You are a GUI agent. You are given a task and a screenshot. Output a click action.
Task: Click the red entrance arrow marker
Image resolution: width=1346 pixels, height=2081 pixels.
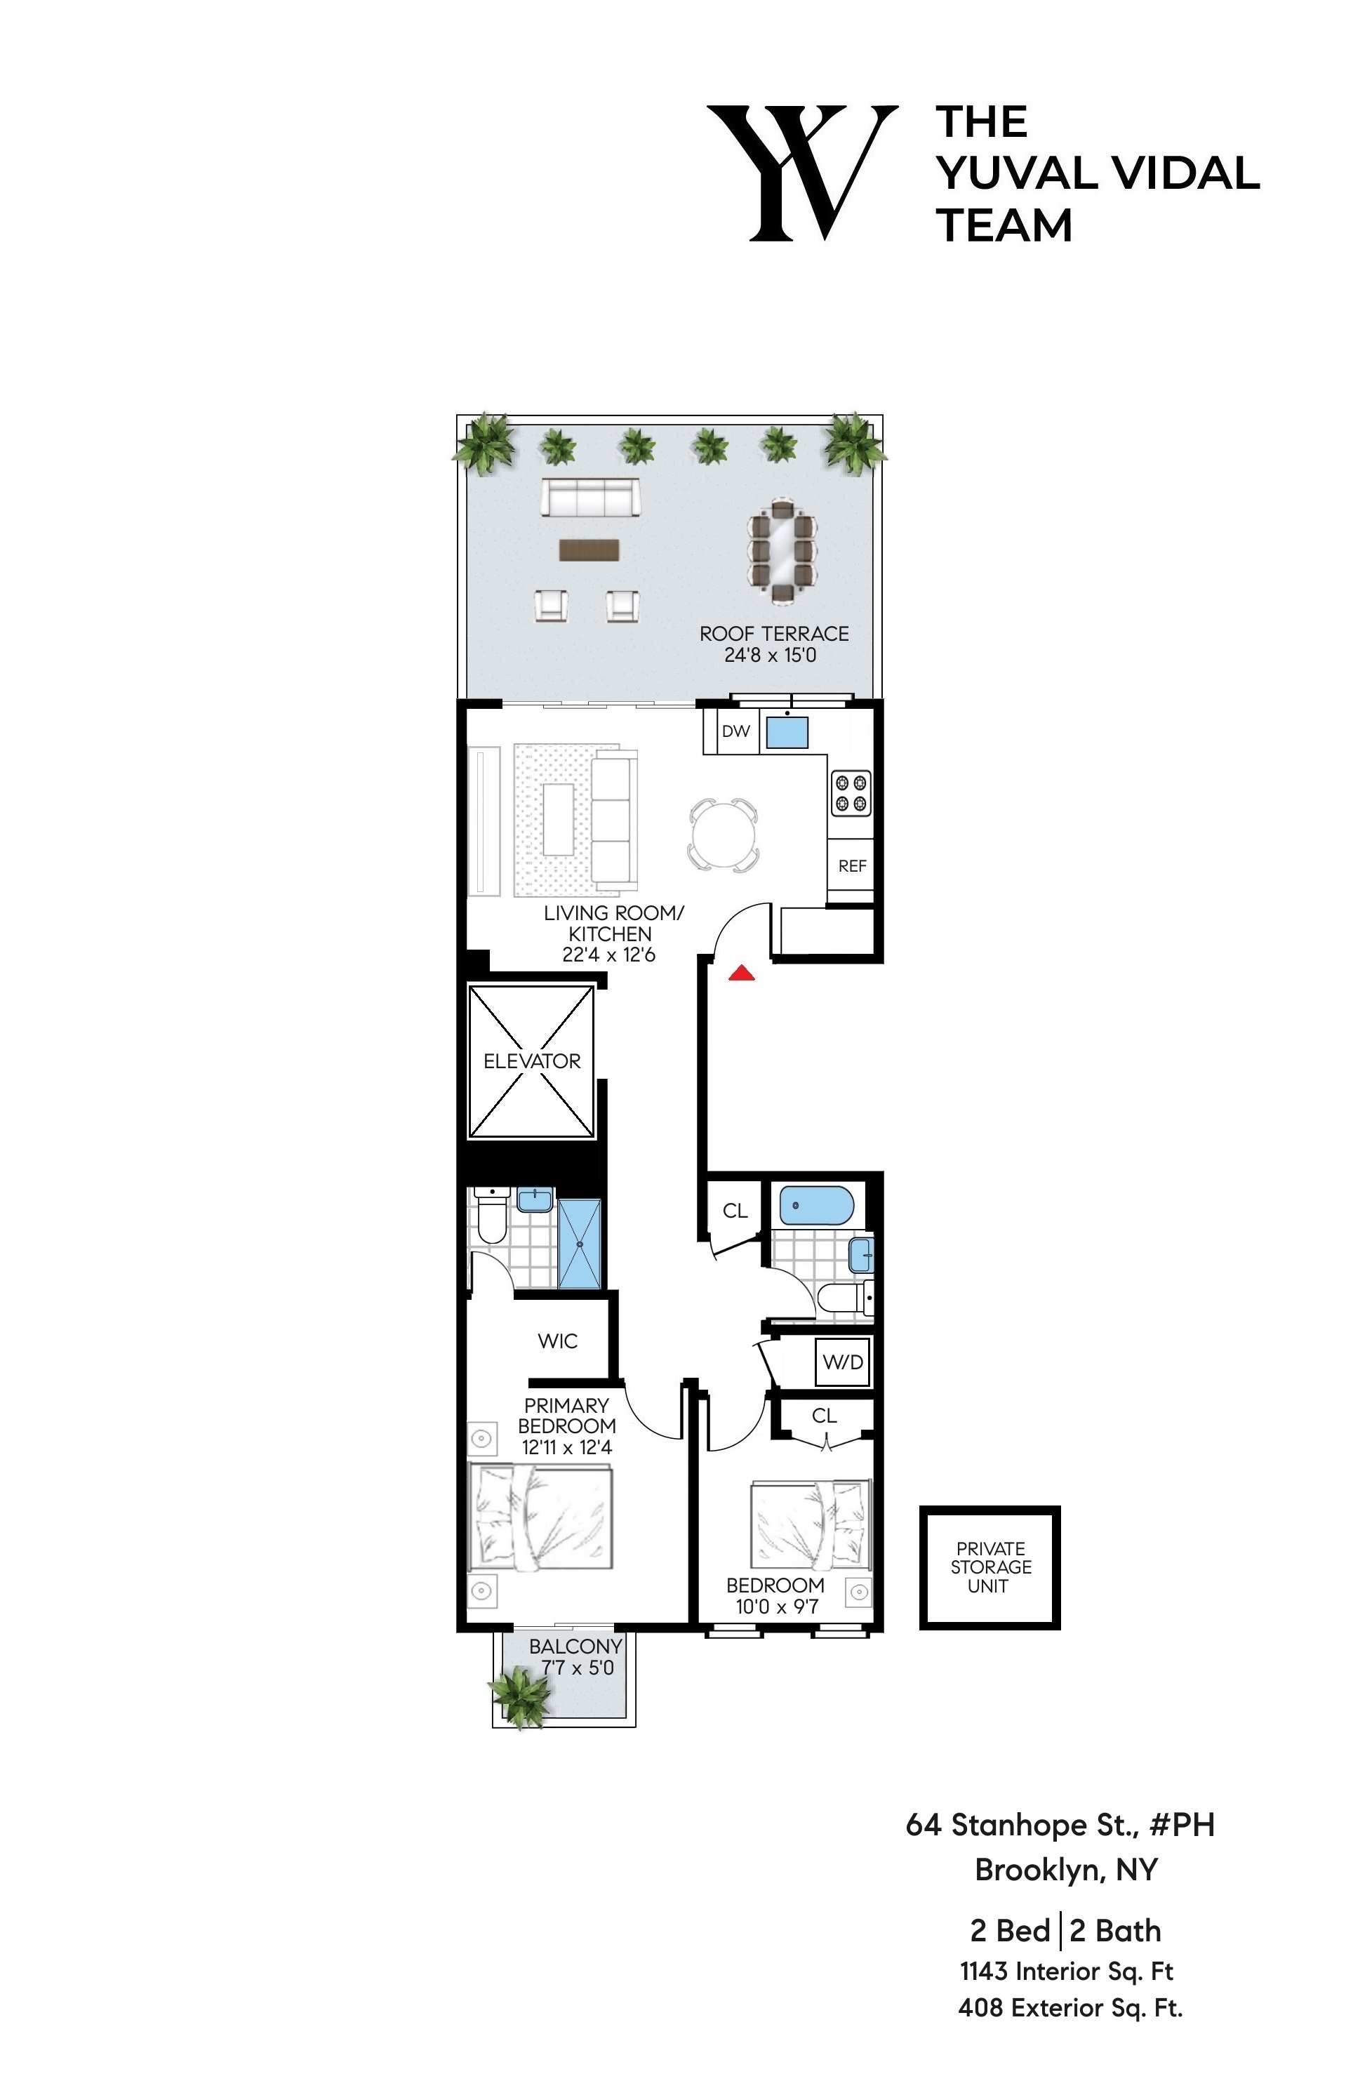coord(741,972)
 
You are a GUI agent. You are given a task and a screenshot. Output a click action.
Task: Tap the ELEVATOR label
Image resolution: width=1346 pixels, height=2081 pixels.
coord(531,1061)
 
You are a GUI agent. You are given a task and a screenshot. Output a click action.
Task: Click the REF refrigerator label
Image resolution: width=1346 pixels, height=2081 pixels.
coord(851,865)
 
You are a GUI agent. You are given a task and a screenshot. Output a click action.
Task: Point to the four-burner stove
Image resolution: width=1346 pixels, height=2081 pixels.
coord(850,792)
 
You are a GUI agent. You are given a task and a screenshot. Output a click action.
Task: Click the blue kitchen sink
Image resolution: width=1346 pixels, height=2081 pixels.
coord(787,731)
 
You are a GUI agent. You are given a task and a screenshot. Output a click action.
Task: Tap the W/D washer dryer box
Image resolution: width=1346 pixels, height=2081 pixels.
coord(843,1362)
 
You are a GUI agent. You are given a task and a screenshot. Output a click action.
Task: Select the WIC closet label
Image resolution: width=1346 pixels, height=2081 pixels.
coord(558,1341)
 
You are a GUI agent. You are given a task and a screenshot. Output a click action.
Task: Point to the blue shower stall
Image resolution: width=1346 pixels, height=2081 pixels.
coord(578,1243)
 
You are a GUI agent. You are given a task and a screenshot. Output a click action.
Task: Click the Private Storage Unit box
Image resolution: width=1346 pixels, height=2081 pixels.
coord(989,1567)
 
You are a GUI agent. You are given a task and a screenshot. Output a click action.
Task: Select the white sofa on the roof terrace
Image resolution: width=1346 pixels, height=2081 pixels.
coord(590,498)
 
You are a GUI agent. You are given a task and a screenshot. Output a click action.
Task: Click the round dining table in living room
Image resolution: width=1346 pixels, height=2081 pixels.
coord(723,834)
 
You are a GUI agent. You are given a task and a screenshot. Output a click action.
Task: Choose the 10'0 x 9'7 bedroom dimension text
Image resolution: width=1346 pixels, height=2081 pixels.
coord(776,1607)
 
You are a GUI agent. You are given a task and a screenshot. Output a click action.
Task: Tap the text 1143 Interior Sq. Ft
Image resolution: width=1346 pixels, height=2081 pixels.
coord(1065,1971)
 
